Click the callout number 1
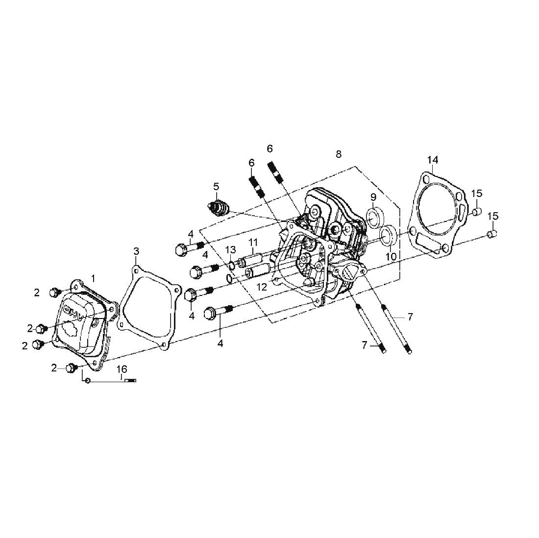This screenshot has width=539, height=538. [x=94, y=277]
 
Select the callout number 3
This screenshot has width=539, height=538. [x=136, y=251]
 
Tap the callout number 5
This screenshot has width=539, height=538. [x=216, y=187]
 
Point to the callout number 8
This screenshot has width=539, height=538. [x=339, y=154]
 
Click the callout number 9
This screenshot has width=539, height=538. [x=373, y=197]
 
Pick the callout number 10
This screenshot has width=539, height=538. [x=391, y=256]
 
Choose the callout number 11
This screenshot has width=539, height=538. [x=253, y=242]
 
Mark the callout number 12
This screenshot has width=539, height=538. [x=262, y=287]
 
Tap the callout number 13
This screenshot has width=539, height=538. [x=231, y=249]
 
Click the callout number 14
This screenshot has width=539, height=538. [x=433, y=160]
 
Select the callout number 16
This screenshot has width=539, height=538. [x=122, y=369]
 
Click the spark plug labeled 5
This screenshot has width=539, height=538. [x=217, y=208]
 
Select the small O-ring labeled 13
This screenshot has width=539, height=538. [x=232, y=265]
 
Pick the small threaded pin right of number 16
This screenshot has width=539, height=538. [x=131, y=380]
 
